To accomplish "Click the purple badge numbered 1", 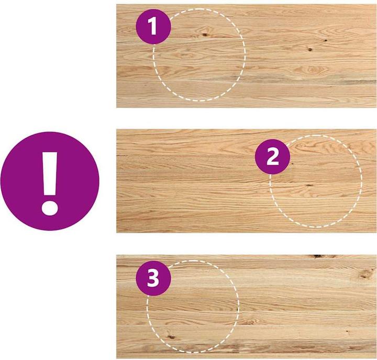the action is tap(153, 27).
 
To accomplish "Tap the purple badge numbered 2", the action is tap(272, 156).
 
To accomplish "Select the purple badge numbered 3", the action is tap(153, 278).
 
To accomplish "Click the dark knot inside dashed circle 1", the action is tap(205, 35).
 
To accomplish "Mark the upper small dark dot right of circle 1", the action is tap(326, 40).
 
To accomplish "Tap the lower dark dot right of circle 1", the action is tap(310, 50).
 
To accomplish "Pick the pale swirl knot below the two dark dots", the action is tap(312, 70).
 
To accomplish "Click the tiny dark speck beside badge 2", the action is tap(292, 163).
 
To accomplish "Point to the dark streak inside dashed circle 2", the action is tap(309, 186).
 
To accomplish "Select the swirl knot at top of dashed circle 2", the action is tap(301, 145).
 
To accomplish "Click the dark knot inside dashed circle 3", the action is tap(171, 337).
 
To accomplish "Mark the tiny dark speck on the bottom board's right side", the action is tap(347, 331).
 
